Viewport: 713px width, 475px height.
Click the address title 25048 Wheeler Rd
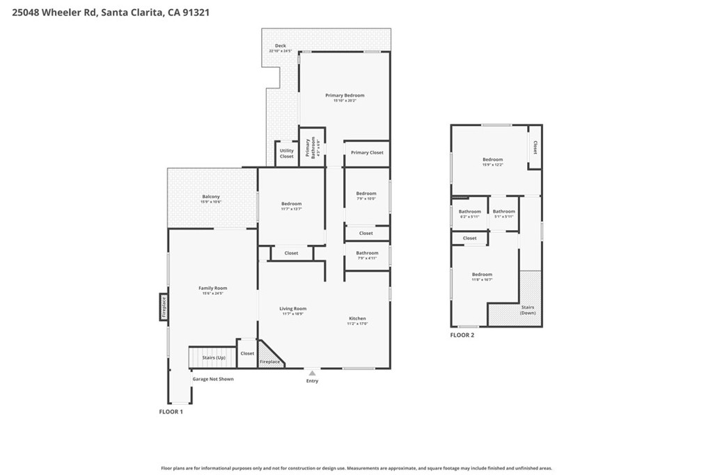111,13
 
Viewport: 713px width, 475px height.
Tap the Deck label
280,47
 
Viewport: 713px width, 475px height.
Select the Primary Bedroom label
345,96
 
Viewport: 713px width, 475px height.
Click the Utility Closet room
286,153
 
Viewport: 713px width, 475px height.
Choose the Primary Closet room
367,153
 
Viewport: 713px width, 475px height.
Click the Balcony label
211,198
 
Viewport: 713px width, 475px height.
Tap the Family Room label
212,289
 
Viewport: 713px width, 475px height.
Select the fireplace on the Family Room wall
164,306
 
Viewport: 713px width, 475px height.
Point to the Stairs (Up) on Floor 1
213,357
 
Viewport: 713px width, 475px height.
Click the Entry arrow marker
312,373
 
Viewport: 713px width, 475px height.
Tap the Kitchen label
357,319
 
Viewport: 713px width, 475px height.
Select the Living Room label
293,309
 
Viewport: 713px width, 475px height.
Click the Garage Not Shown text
213,379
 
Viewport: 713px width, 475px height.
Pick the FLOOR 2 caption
462,335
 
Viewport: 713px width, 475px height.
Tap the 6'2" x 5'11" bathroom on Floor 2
469,212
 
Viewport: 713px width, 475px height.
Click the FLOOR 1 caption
171,412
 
